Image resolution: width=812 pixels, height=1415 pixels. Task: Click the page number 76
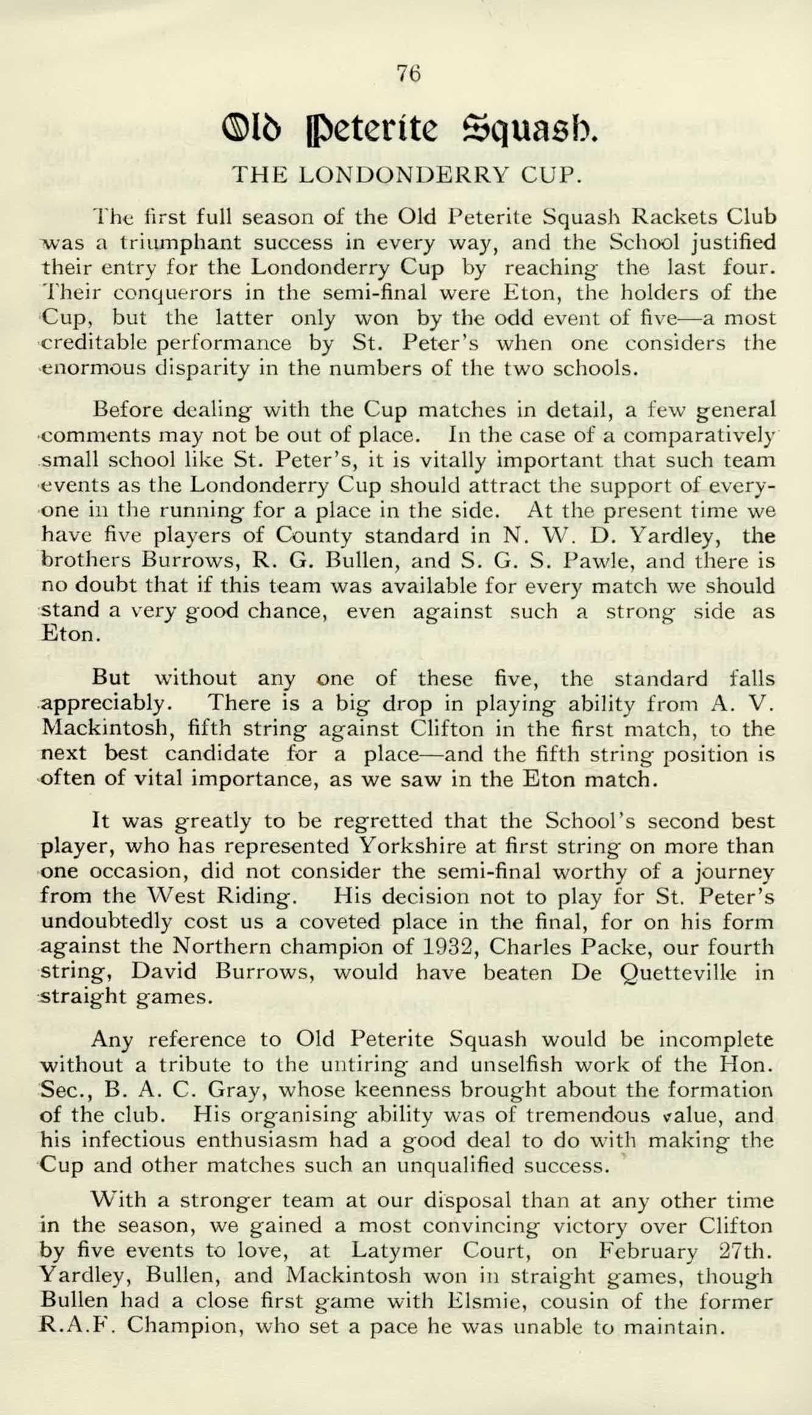coord(408,74)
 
